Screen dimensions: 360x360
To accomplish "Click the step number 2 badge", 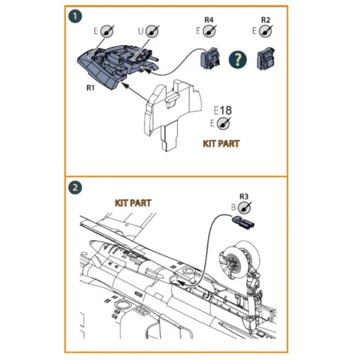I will pyautogui.click(x=77, y=189).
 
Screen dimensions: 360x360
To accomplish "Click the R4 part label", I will pyautogui.click(x=209, y=20).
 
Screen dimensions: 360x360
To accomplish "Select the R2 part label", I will pyautogui.click(x=265, y=20).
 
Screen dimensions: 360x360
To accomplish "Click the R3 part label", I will pyautogui.click(x=244, y=195).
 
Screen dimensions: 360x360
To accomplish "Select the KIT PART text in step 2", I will pyautogui.click(x=133, y=204).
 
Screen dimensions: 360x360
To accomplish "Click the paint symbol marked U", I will pyautogui.click(x=152, y=30).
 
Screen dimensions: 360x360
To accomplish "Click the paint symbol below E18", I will pyautogui.click(x=226, y=124).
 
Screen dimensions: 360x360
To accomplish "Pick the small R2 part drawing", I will pyautogui.click(x=264, y=59).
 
